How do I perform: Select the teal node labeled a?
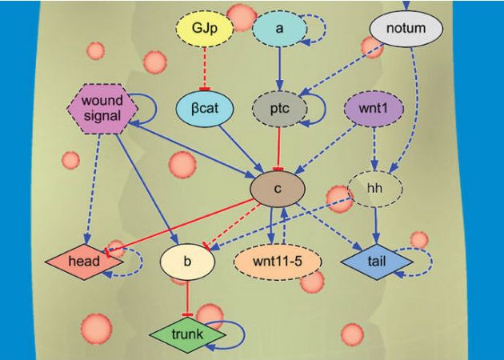(279, 29)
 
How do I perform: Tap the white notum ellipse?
(406, 30)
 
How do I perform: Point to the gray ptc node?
(279, 106)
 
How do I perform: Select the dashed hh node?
(375, 190)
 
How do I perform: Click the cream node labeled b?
(186, 261)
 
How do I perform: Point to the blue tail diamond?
(375, 261)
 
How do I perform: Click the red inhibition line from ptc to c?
(279, 146)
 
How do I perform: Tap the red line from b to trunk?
(187, 297)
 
